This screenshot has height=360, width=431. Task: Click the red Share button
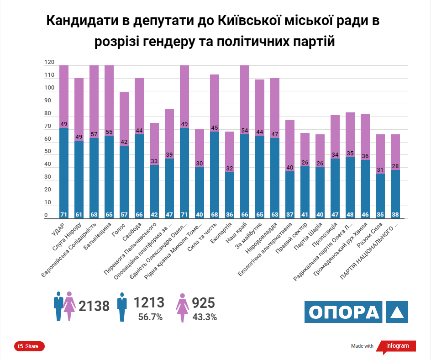point(29,346)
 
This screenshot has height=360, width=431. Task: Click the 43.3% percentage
point(204,317)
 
